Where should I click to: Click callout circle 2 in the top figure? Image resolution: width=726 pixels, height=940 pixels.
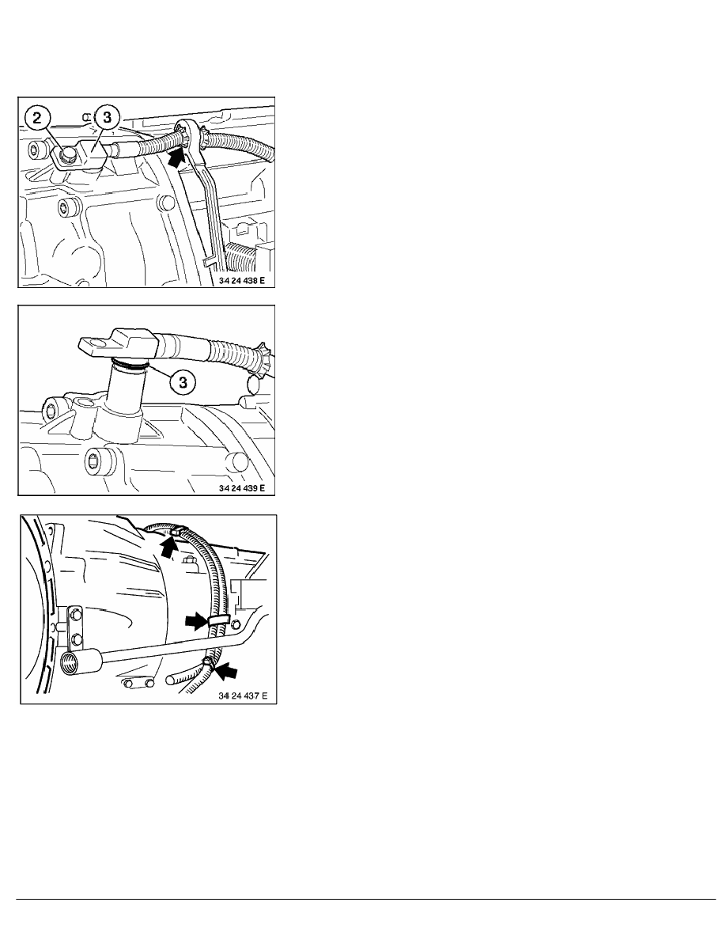37,117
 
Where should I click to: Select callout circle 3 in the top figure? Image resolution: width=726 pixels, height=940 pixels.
108,117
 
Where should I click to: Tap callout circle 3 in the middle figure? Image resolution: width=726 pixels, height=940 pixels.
183,382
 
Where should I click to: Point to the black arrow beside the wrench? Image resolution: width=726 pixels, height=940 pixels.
176,157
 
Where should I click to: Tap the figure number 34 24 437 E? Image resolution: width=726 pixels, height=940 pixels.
243,696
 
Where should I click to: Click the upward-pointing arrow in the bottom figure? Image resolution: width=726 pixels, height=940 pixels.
170,546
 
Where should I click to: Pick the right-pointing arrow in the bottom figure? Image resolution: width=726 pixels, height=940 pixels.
196,622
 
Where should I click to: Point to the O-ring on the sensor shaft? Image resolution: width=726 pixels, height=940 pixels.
130,362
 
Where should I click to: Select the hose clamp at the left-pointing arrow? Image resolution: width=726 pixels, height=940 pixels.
207,661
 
